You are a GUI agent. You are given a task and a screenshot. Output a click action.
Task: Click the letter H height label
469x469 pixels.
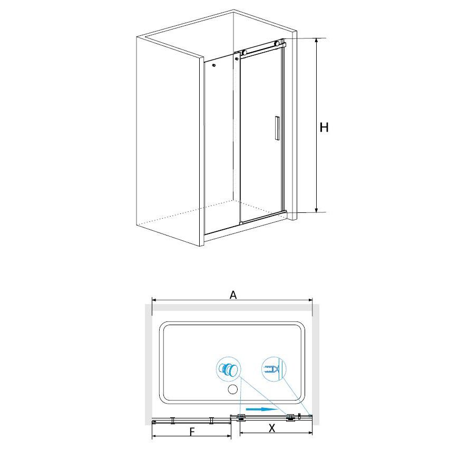(324, 128)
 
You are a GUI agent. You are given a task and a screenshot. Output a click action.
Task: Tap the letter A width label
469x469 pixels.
(233, 295)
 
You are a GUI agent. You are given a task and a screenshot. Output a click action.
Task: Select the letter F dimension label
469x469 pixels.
(192, 432)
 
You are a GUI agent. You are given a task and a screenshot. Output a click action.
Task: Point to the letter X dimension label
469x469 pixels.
(271, 428)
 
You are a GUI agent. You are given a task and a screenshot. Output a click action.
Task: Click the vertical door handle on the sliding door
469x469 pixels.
(277, 128)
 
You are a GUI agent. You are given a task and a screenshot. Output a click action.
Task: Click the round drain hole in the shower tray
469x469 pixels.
(232, 389)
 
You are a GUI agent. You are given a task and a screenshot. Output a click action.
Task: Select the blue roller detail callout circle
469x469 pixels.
(229, 369)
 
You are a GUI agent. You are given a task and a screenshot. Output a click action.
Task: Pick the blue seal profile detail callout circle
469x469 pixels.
(273, 369)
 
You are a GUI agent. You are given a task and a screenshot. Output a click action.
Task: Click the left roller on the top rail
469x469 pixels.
(245, 53)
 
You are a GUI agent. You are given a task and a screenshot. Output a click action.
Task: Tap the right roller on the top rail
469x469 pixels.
(277, 43)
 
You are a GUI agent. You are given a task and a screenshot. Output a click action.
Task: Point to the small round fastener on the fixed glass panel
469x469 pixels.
(213, 65)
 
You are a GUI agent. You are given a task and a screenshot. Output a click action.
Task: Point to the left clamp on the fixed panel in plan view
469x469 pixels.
(173, 421)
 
